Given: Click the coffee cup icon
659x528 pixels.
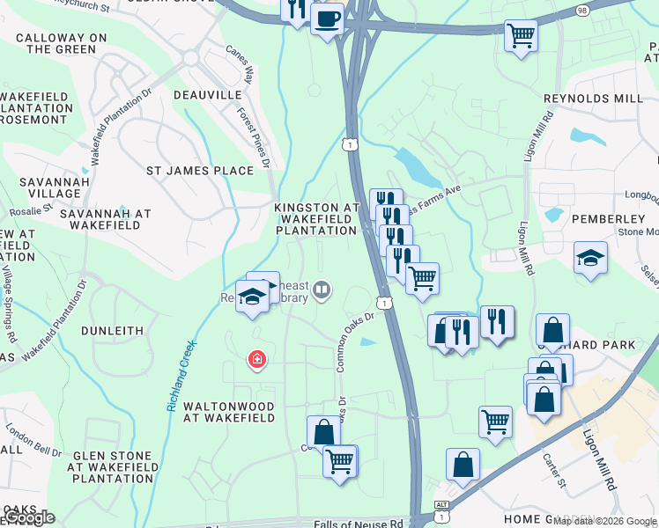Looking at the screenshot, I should click(327, 17).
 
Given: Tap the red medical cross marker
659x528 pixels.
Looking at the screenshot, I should click(257, 359).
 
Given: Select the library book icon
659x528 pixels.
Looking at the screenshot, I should click(322, 290).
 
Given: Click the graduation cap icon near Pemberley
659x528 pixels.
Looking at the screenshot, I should click(590, 257).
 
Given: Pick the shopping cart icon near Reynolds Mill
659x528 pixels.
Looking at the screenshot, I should click(521, 36).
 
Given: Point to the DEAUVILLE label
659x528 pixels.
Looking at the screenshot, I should click(207, 94).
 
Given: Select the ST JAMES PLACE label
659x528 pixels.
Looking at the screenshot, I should click(199, 170).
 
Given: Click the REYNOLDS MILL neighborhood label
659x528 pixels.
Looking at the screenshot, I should click(593, 98).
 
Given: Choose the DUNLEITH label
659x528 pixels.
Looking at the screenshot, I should click(112, 331).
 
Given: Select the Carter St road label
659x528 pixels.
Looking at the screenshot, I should click(553, 468).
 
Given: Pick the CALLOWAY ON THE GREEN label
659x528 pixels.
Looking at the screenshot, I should click(62, 43).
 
